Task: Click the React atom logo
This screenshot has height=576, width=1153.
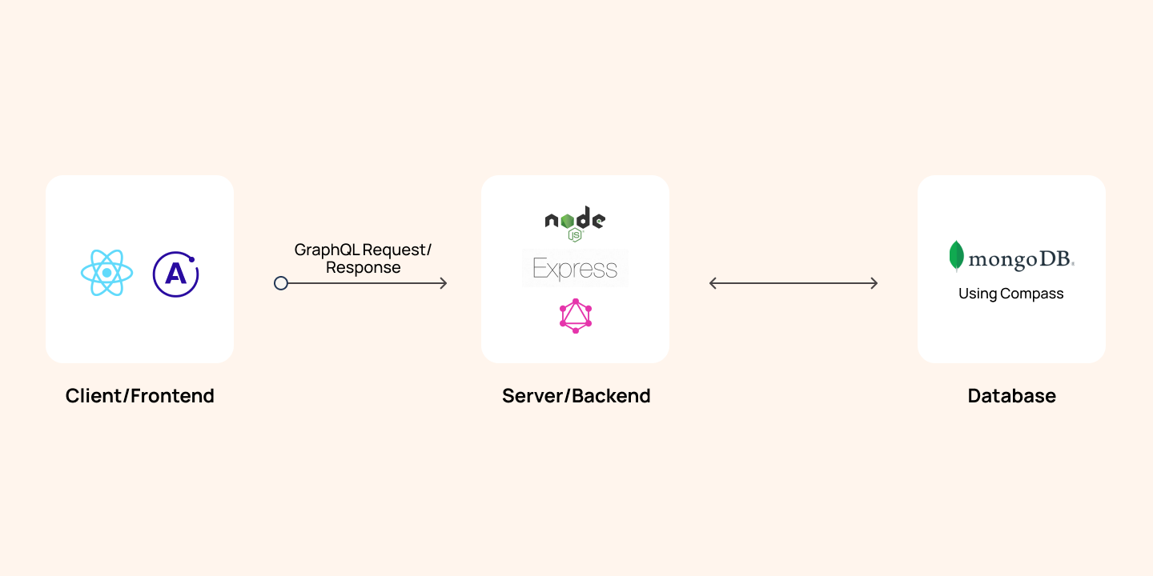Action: click(x=107, y=273)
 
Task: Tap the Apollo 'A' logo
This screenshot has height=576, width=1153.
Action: click(x=175, y=274)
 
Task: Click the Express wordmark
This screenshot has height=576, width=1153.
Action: click(x=575, y=268)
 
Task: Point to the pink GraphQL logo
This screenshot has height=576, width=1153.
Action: click(x=576, y=316)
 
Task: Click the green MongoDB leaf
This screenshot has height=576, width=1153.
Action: click(x=956, y=256)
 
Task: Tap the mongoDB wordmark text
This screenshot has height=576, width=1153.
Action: click(x=1021, y=259)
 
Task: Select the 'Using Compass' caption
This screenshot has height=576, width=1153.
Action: click(x=1011, y=294)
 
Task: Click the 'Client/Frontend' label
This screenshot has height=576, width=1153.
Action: click(x=139, y=395)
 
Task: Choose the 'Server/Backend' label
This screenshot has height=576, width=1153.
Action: click(x=576, y=395)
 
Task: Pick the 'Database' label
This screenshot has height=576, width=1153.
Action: click(x=1011, y=395)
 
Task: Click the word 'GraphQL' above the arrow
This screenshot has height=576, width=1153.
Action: click(x=327, y=250)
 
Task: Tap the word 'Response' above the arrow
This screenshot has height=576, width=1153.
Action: click(x=363, y=267)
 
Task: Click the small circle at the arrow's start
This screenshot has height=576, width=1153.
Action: click(x=281, y=283)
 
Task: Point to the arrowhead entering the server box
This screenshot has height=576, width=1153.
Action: click(x=444, y=283)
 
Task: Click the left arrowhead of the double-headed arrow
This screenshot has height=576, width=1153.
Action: click(x=713, y=283)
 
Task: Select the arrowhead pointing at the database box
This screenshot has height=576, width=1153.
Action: click(x=874, y=283)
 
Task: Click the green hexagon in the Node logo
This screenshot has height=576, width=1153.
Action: click(x=567, y=221)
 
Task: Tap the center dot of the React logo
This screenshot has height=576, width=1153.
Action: click(x=107, y=273)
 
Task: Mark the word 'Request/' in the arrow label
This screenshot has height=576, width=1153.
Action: click(x=397, y=250)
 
